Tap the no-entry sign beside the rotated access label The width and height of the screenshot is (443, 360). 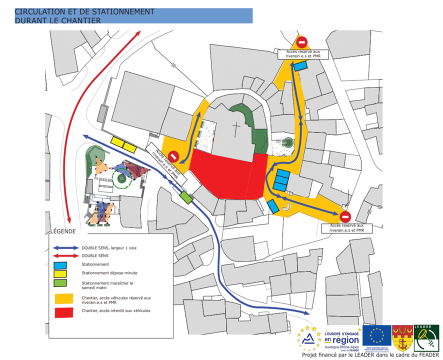pyautogui.click(x=173, y=156)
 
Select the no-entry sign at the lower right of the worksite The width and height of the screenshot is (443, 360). pyautogui.click(x=345, y=217)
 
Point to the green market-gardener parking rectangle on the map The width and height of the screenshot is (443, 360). pyautogui.click(x=186, y=197)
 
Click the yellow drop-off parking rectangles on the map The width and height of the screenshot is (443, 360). pyautogui.click(x=124, y=144)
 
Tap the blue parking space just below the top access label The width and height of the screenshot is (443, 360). pyautogui.click(x=300, y=65)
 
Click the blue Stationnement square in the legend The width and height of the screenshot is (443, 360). pyautogui.click(x=60, y=264)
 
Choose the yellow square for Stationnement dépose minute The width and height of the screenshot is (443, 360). pyautogui.click(x=60, y=273)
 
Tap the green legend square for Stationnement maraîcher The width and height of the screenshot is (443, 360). pyautogui.click(x=60, y=284)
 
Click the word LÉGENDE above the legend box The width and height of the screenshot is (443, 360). pyautogui.click(x=62, y=231)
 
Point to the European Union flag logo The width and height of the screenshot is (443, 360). pyautogui.click(x=377, y=336)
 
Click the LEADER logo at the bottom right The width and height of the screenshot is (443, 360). pyautogui.click(x=426, y=337)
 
